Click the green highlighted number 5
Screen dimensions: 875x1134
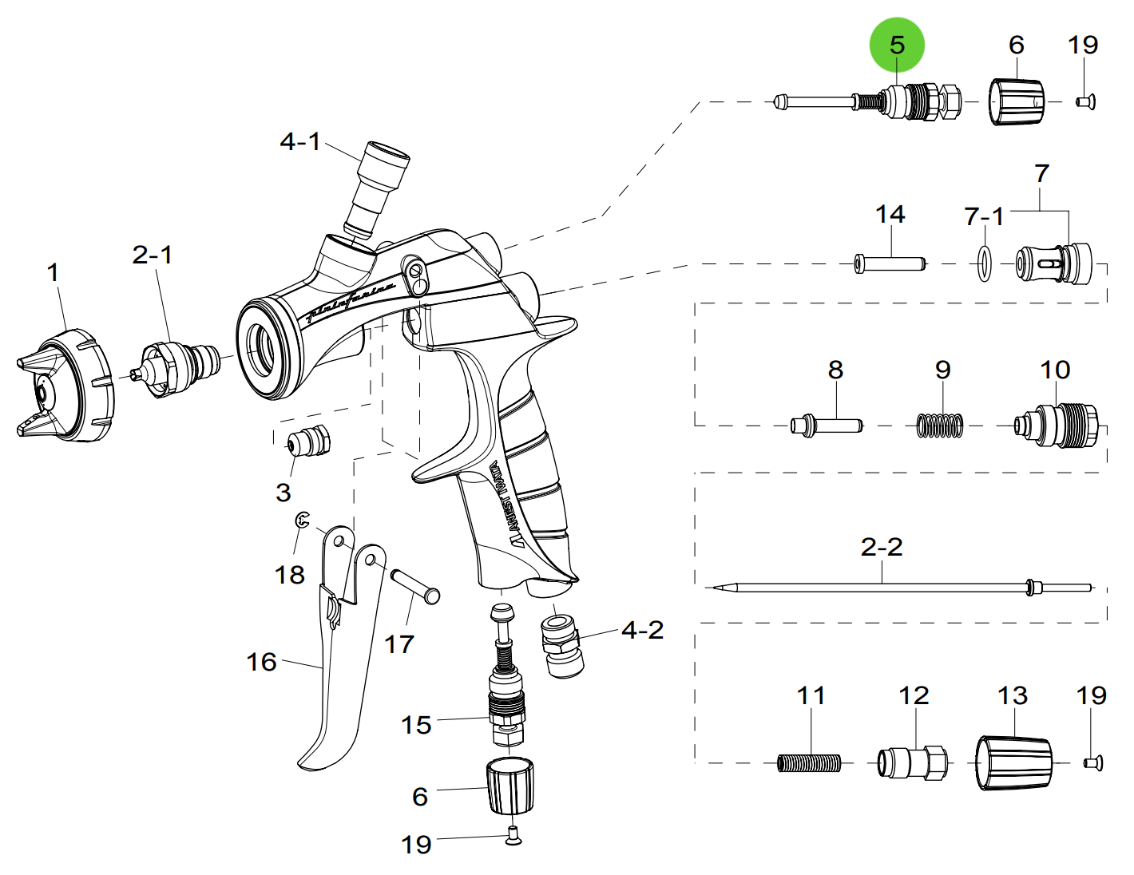click(x=897, y=46)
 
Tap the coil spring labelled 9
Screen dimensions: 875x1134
click(x=939, y=425)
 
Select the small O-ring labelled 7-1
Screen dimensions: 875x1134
click(x=985, y=263)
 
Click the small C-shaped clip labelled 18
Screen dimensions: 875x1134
click(x=302, y=521)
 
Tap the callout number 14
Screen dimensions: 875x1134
click(x=890, y=214)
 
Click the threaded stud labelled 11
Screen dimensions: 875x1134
click(x=809, y=763)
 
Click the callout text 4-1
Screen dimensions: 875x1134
click(x=299, y=142)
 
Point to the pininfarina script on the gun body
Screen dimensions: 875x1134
click(x=351, y=299)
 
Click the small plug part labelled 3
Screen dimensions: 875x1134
click(x=308, y=441)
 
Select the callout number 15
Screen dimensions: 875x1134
click(x=416, y=725)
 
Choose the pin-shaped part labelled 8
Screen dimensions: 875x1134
click(x=827, y=425)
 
